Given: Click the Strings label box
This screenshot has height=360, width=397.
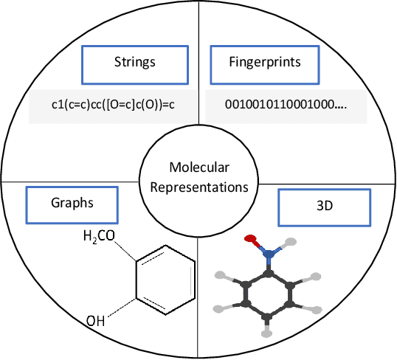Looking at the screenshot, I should [134, 62].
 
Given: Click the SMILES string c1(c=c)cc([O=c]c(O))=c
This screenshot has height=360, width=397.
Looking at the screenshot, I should [108, 104].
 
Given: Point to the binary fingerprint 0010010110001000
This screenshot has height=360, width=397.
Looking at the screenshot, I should [286, 104].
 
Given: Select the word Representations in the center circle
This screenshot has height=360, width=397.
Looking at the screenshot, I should [198, 187].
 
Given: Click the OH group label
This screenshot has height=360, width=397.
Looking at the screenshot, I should [96, 321].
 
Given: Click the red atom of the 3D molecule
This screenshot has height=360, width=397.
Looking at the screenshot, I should [250, 239].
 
